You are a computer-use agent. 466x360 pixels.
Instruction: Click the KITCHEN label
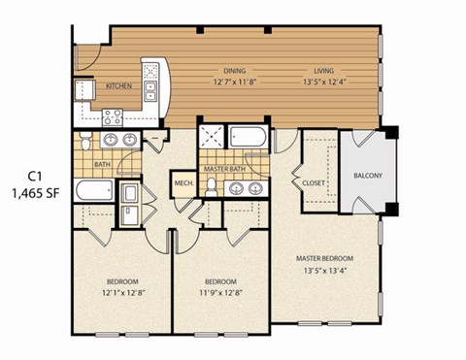tap(119, 86)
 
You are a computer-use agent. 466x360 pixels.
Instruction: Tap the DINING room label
tap(208, 71)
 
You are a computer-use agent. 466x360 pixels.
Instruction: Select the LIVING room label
tap(323, 71)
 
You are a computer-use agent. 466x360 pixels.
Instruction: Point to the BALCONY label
tap(368, 176)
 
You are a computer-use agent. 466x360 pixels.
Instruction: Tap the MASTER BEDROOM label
tap(324, 258)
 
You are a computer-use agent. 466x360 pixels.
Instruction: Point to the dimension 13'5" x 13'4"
tap(324, 271)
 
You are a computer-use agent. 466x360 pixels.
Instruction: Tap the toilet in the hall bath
tap(84, 145)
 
